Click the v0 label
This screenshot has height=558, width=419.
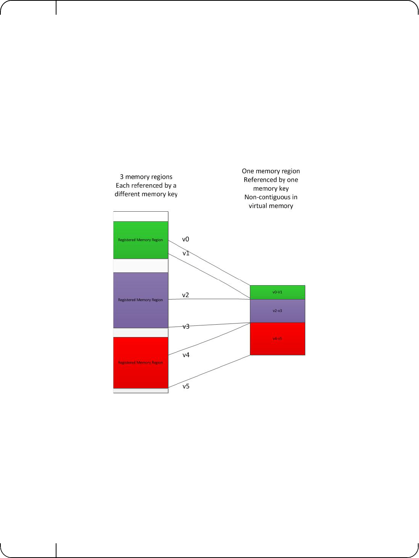(x=186, y=240)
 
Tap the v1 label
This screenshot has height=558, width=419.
(x=186, y=253)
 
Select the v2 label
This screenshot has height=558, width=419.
(x=186, y=295)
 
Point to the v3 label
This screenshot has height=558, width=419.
(x=186, y=327)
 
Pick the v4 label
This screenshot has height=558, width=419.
(x=186, y=355)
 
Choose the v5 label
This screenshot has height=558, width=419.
(x=186, y=387)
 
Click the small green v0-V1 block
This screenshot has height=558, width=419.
(x=277, y=292)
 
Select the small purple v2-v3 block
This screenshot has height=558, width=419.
(x=277, y=311)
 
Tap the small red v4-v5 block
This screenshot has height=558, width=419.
(x=277, y=339)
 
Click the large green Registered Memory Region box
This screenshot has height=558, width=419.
(x=140, y=240)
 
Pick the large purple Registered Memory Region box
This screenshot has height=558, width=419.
(x=140, y=300)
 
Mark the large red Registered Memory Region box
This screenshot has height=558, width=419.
(x=140, y=363)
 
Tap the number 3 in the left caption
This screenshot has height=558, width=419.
(x=121, y=177)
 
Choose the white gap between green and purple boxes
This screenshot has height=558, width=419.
(x=140, y=266)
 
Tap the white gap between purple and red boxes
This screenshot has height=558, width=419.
(x=140, y=333)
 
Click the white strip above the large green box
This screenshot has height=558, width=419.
(x=140, y=216)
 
